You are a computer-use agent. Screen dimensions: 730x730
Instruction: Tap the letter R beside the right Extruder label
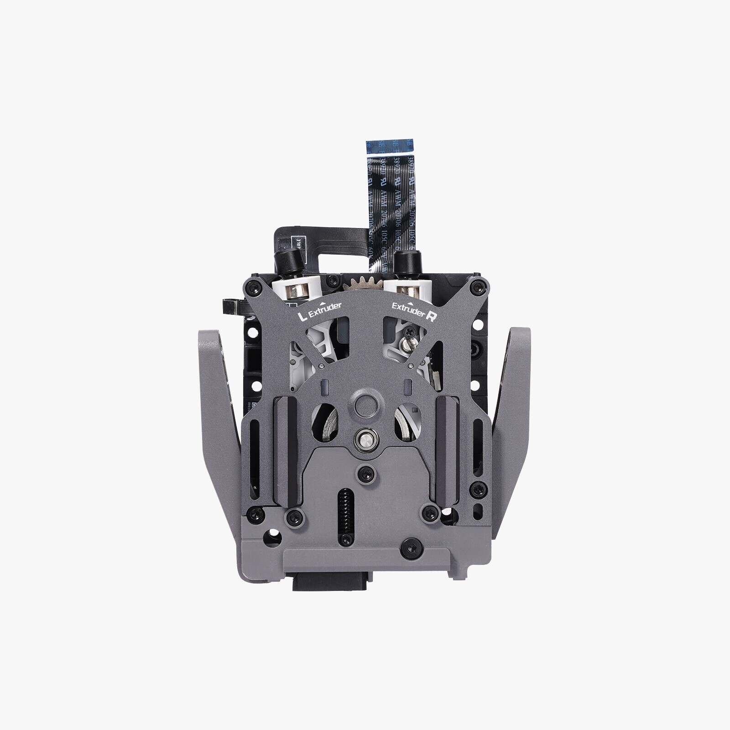pos(429,318)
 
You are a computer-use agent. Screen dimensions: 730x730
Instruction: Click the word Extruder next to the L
pos(325,311)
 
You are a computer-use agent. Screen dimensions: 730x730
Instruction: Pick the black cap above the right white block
pos(404,261)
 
